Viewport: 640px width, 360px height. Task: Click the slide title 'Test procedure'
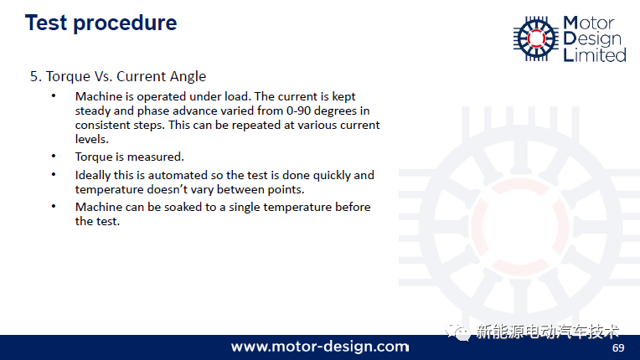coord(101,23)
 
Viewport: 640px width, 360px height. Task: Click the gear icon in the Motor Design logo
coord(536,39)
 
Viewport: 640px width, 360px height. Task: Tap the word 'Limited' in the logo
coord(595,55)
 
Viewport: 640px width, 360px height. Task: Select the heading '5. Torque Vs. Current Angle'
coord(118,77)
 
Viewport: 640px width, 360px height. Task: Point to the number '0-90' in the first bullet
coord(299,111)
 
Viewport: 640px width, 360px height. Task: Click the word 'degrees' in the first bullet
coord(335,111)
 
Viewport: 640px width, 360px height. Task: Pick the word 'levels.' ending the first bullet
coord(92,139)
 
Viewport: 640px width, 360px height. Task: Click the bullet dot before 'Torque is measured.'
coord(54,156)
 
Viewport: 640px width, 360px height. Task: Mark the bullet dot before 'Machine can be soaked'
coord(54,206)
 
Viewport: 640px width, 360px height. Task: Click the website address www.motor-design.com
coord(320,347)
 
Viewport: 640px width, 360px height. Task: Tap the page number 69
coord(618,347)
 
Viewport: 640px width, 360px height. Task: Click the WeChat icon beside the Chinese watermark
coord(457,332)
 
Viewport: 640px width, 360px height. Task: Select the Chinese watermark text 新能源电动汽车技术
coord(547,332)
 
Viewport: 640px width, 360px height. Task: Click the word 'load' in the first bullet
coord(236,96)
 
